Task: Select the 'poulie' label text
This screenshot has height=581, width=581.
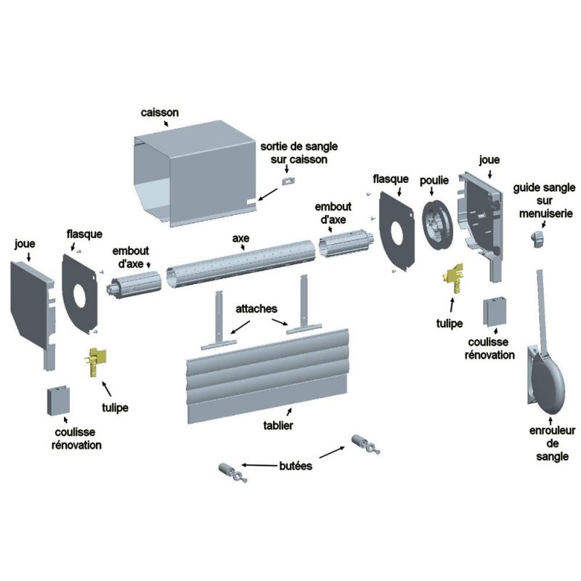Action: pos(434,179)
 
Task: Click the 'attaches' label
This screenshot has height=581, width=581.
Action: pos(256,309)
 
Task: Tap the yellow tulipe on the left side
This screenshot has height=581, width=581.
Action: pos(96,361)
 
